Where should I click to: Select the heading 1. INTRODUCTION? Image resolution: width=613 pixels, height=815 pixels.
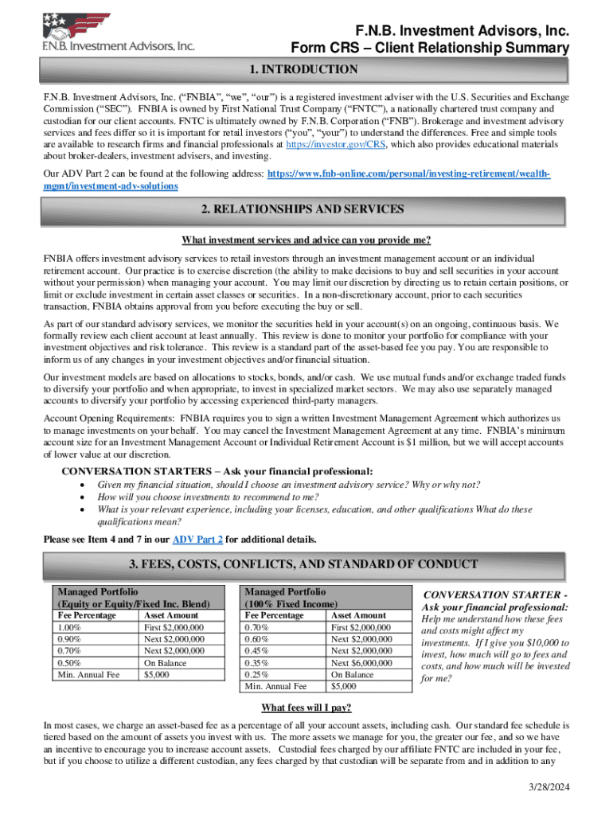(x=306, y=70)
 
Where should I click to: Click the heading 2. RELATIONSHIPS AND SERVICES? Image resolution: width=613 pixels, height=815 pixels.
(x=306, y=210)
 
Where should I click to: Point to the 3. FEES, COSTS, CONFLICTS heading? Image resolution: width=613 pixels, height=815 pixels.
(x=306, y=565)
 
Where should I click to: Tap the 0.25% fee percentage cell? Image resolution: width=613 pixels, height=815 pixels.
(x=258, y=675)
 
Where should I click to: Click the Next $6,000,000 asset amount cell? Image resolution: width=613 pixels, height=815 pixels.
(x=361, y=663)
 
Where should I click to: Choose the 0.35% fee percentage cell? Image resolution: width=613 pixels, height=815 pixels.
(x=258, y=663)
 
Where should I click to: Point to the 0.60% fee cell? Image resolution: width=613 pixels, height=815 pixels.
(x=258, y=639)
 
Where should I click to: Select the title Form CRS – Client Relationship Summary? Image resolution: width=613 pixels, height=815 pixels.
(x=430, y=49)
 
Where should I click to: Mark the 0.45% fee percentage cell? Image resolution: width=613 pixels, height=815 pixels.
(x=258, y=651)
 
